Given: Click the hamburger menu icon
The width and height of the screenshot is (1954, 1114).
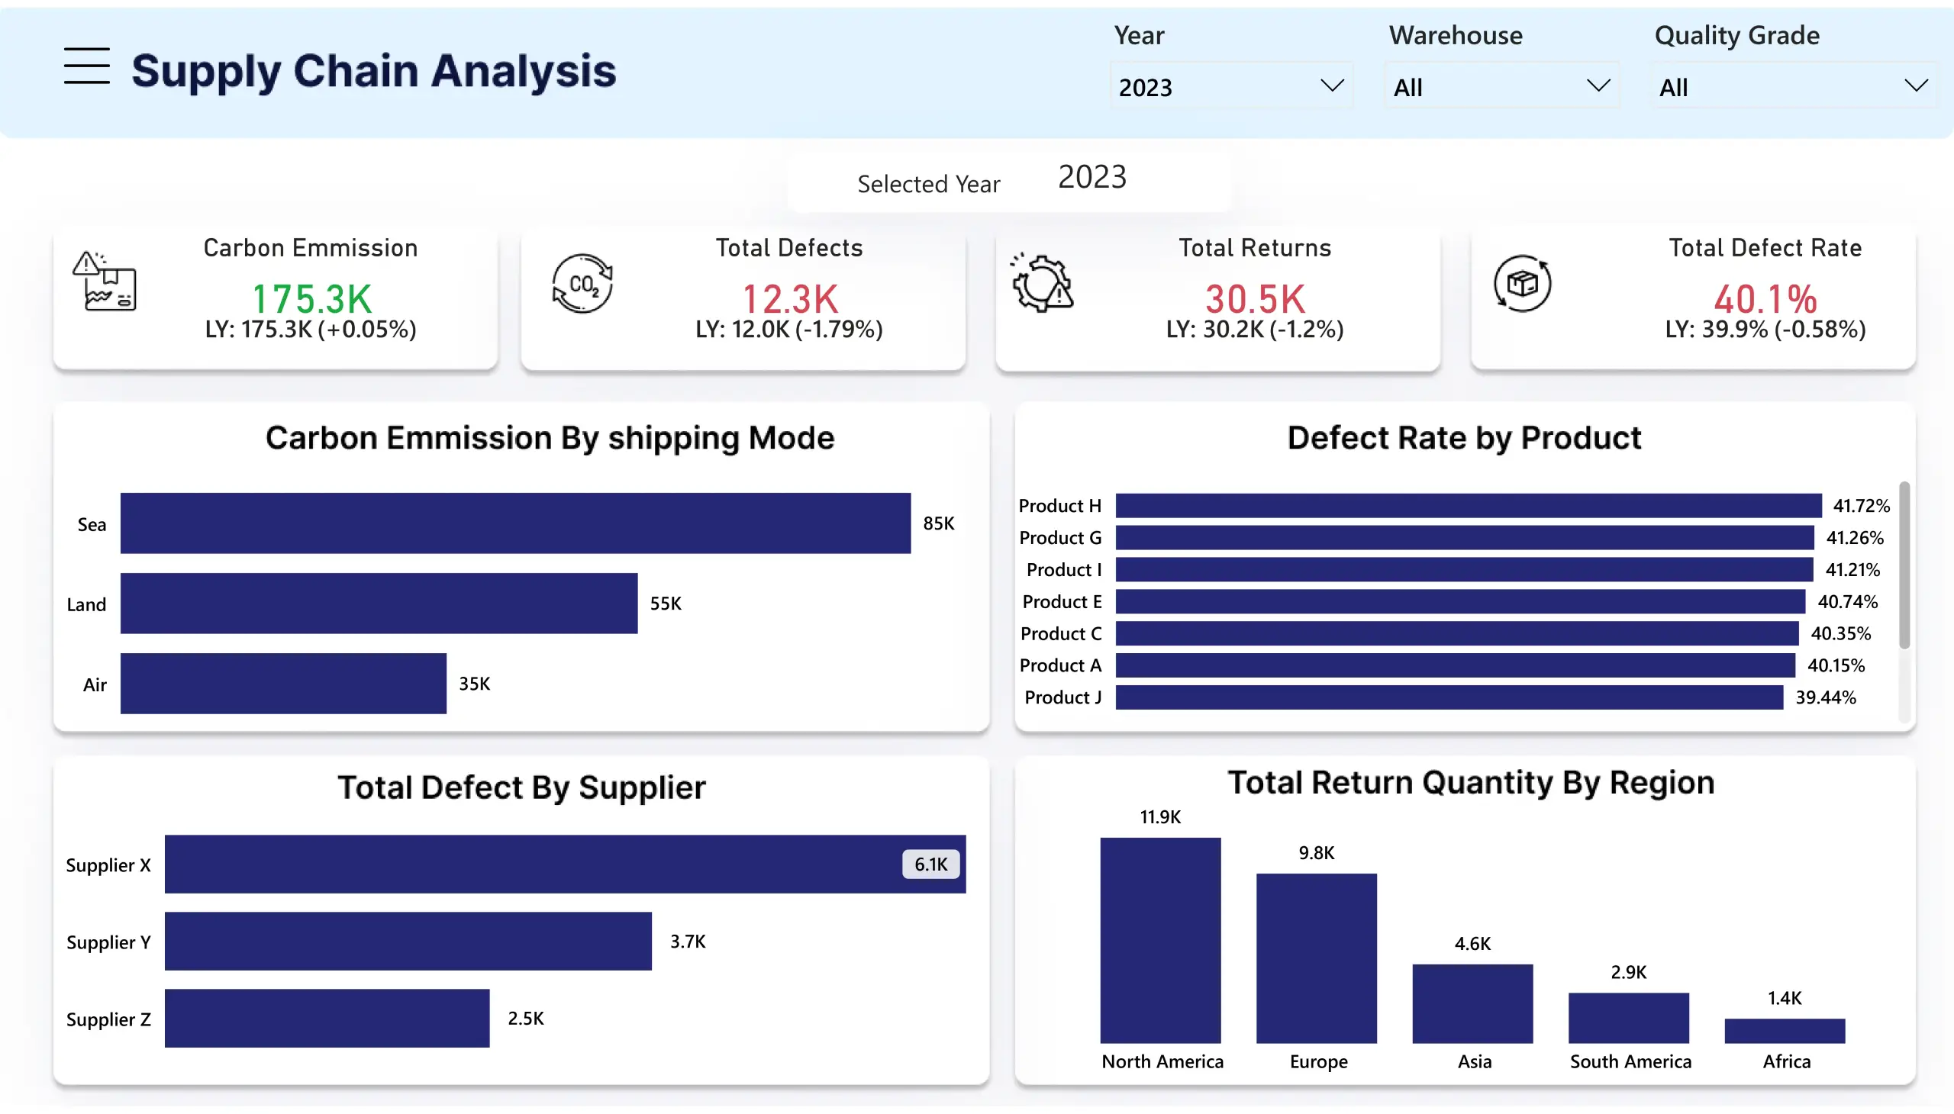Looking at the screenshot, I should (86, 66).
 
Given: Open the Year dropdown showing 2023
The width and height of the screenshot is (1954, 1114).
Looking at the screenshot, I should (1230, 86).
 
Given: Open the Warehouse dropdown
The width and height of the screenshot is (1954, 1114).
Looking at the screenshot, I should (1501, 86).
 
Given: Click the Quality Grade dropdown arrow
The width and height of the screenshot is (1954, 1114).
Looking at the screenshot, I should (1916, 85).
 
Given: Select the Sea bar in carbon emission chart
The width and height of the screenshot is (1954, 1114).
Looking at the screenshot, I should (515, 523).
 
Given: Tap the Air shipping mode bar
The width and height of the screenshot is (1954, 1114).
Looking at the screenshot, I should (283, 683).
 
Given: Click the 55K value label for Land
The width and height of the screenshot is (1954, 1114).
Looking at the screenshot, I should (665, 604).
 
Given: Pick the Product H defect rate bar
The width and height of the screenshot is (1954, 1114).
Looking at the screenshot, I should (1467, 506).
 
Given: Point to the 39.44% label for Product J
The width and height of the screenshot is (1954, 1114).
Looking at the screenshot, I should (1826, 698).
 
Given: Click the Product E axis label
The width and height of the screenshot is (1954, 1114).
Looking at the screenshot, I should (1062, 602).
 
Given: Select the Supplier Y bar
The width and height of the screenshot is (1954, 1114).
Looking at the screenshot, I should (408, 941).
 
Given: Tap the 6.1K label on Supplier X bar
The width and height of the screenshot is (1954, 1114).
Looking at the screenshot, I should (930, 864).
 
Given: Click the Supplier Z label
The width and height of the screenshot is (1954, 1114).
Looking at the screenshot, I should (108, 1019).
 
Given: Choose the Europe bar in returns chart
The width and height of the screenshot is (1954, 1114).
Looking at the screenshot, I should (1316, 958).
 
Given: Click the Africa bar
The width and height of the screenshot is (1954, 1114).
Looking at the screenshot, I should (1784, 1031).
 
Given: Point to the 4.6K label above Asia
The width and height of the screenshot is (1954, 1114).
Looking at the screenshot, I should (1472, 943).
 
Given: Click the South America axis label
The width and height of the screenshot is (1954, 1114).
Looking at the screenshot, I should (1630, 1062).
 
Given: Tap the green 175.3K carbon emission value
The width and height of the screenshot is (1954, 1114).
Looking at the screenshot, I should (311, 298).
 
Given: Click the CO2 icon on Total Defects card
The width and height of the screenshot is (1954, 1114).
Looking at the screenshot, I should (582, 284).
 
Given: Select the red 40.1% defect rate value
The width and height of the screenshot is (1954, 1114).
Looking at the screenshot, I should (1765, 298).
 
